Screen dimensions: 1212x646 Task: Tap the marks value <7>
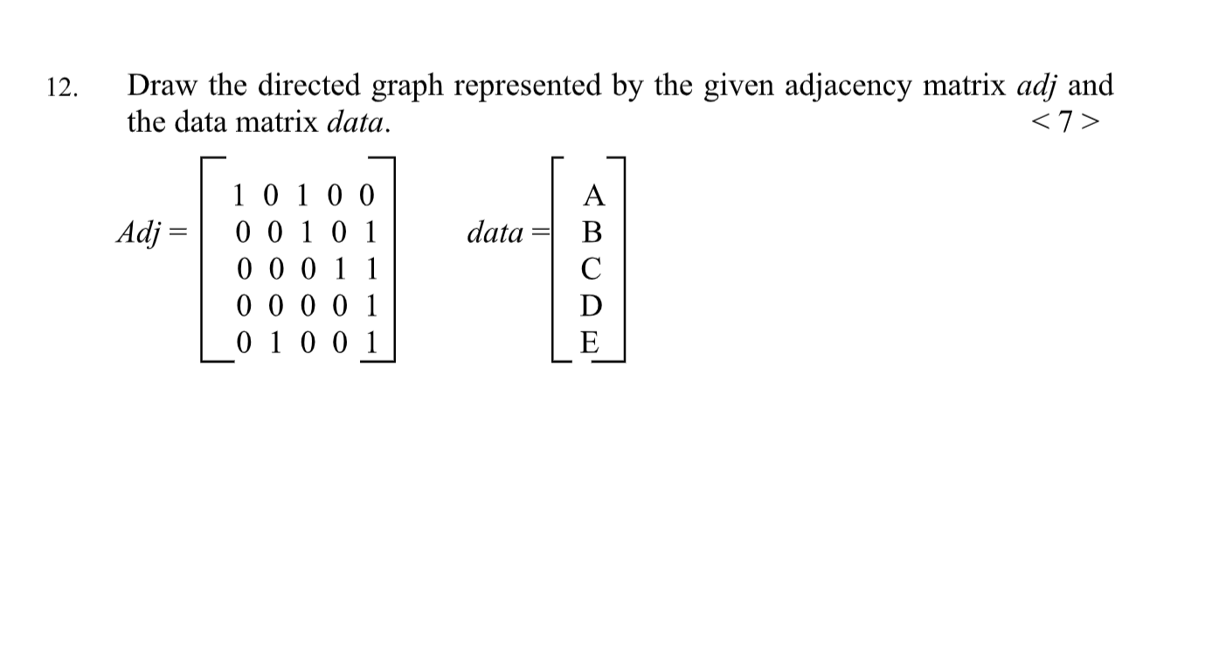(x=1065, y=122)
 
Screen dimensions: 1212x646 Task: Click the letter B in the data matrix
(x=592, y=233)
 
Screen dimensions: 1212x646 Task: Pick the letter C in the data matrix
(x=592, y=270)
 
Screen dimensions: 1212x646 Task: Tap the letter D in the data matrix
(x=592, y=306)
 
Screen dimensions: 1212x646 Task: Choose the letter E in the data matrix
(x=592, y=342)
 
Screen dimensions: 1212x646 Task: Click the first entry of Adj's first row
(x=241, y=194)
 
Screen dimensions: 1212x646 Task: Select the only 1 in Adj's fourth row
(x=371, y=306)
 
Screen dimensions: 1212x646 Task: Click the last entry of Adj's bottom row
(x=371, y=342)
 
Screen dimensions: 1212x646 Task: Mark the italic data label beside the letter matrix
(x=495, y=233)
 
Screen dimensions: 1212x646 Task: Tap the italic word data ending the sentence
(x=357, y=122)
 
